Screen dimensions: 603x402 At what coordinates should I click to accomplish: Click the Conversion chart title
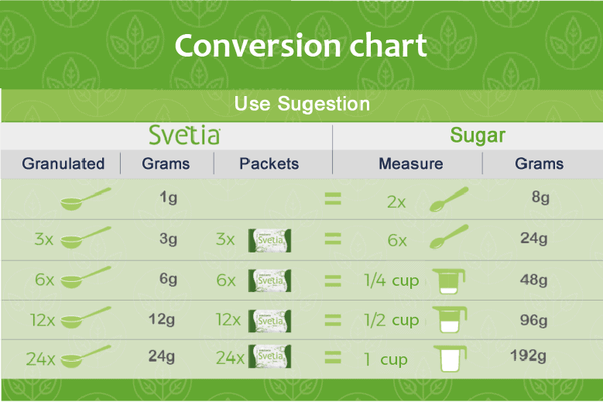click(301, 46)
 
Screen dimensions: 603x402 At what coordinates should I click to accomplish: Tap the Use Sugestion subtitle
click(302, 104)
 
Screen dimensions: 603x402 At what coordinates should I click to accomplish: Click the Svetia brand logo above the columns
click(184, 135)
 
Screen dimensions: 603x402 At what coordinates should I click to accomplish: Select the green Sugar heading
click(478, 135)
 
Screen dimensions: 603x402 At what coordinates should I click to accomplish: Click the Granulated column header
click(63, 163)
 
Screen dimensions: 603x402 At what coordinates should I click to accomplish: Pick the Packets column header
click(269, 163)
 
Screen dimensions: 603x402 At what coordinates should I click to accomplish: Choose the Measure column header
click(411, 163)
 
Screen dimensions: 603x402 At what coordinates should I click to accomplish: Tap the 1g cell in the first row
click(169, 198)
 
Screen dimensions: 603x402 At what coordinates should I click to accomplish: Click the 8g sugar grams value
click(540, 197)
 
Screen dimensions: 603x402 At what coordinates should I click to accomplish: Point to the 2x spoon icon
click(448, 199)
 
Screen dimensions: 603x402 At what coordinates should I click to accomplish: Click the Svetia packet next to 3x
click(269, 240)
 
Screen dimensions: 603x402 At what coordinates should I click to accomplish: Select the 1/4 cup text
click(392, 280)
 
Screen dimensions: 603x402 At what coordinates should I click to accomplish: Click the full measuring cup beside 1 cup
click(450, 359)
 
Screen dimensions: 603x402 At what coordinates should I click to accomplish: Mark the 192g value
click(529, 356)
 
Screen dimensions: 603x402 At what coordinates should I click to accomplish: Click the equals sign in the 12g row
click(333, 320)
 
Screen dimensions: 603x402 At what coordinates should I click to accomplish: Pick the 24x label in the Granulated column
click(40, 359)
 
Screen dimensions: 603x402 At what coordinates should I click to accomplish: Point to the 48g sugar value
click(534, 280)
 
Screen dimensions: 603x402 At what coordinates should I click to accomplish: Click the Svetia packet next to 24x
click(269, 356)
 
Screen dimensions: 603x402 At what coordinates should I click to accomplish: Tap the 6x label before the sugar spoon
click(397, 240)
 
